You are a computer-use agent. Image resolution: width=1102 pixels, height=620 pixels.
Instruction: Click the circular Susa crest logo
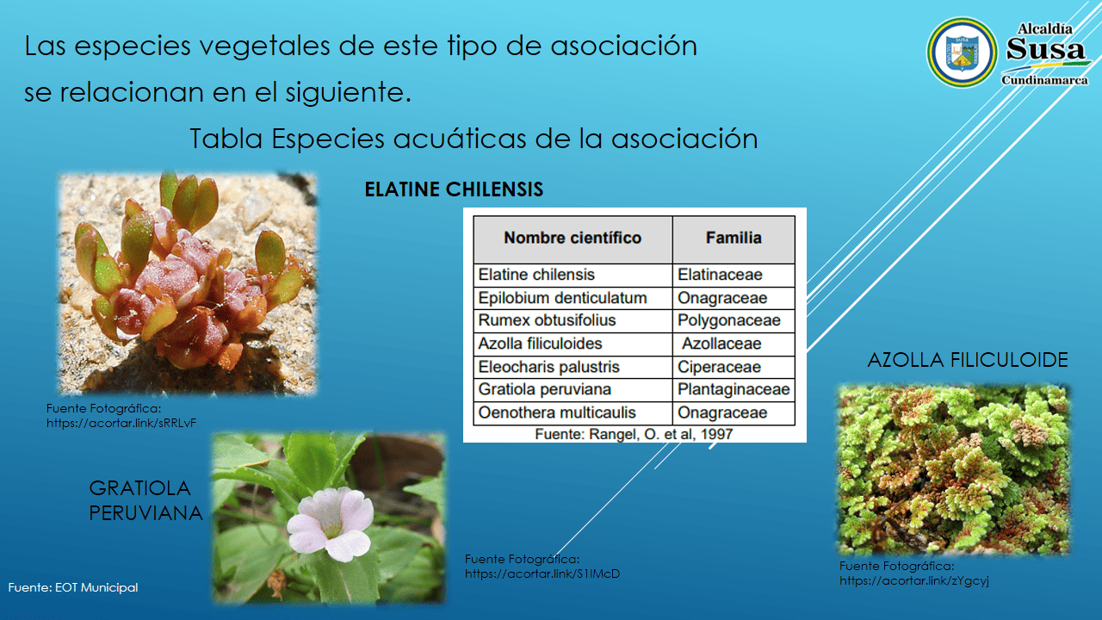tap(962, 53)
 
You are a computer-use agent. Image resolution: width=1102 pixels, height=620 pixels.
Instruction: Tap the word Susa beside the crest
tap(1045, 49)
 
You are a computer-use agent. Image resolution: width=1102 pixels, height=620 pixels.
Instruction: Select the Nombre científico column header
tap(573, 239)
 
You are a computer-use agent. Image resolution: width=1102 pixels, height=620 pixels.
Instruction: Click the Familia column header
tap(734, 239)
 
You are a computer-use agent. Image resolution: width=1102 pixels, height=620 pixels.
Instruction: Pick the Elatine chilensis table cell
tap(573, 275)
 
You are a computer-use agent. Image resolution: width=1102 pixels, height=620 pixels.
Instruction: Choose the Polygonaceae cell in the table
tap(734, 320)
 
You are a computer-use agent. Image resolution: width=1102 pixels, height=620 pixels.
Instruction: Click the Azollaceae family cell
tap(734, 344)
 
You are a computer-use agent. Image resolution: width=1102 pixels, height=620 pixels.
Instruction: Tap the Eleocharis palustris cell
tap(573, 367)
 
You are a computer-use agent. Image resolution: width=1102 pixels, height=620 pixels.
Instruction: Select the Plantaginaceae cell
tap(734, 390)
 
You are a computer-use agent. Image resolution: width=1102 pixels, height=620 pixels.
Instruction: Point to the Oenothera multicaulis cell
tap(573, 412)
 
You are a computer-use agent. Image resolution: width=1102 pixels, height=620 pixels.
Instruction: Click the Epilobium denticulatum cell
tap(573, 298)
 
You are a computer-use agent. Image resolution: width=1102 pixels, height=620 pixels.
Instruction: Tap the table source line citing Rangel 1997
tap(634, 434)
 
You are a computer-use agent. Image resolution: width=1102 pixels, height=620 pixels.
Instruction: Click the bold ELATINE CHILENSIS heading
tap(454, 189)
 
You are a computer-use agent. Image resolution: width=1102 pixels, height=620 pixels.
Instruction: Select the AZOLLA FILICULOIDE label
tap(967, 360)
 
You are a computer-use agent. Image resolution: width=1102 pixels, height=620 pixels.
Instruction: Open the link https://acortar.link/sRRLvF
tap(121, 423)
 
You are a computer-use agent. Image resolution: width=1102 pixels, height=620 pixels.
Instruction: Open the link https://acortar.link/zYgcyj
tap(913, 580)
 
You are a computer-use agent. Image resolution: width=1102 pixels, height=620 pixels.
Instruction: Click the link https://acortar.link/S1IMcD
tap(542, 573)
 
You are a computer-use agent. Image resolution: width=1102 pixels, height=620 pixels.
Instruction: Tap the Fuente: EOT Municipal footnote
tap(73, 587)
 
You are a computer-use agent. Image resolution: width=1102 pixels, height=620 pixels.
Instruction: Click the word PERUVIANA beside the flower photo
tap(145, 513)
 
